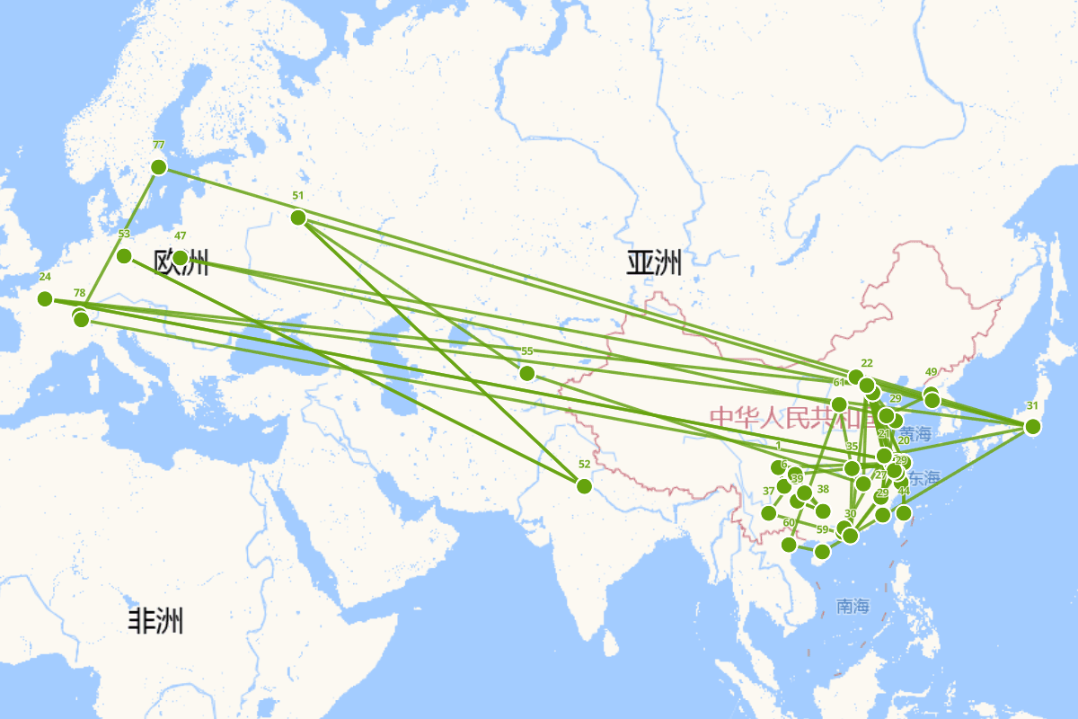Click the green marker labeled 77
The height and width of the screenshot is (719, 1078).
(159, 166)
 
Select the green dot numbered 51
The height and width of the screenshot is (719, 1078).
(298, 217)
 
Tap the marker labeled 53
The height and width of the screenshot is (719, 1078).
(125, 256)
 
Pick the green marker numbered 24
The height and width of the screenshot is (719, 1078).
(45, 298)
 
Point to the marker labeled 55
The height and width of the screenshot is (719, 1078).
(527, 373)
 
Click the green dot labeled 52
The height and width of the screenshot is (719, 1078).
(584, 486)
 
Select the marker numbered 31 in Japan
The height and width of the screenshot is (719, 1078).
(1032, 426)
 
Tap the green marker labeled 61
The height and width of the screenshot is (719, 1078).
(839, 404)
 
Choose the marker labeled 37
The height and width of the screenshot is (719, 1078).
(768, 512)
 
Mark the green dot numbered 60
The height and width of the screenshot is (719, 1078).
(789, 544)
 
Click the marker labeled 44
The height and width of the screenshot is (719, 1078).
(904, 512)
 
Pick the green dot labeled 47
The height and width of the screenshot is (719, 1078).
(181, 258)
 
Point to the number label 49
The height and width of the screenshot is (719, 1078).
(931, 372)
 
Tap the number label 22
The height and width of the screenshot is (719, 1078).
(867, 363)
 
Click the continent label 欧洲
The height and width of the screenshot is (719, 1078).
(181, 263)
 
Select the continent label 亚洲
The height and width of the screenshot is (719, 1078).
(654, 263)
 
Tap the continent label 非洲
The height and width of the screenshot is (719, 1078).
(155, 620)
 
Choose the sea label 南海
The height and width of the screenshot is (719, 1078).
(853, 606)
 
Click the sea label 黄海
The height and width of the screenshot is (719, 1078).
(915, 434)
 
